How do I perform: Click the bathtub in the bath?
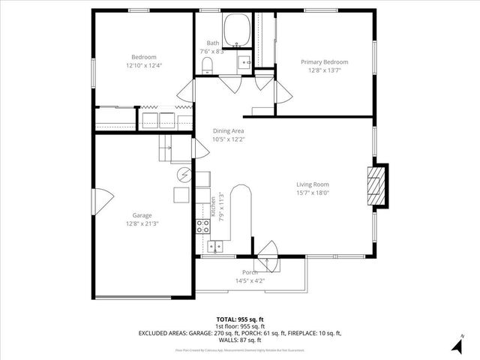[x=239, y=25]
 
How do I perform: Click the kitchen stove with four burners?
[x=202, y=227]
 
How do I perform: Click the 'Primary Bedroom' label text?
[x=325, y=61]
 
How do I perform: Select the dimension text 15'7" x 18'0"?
[x=313, y=192]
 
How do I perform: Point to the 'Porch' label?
[x=250, y=272]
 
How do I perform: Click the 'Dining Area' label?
[x=227, y=130]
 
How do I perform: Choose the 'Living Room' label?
[x=313, y=184]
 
